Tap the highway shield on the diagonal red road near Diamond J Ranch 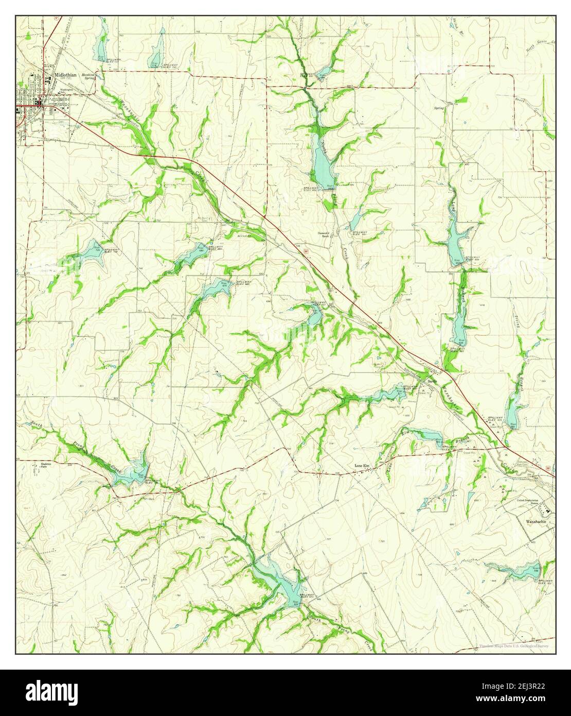coord(306,251)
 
